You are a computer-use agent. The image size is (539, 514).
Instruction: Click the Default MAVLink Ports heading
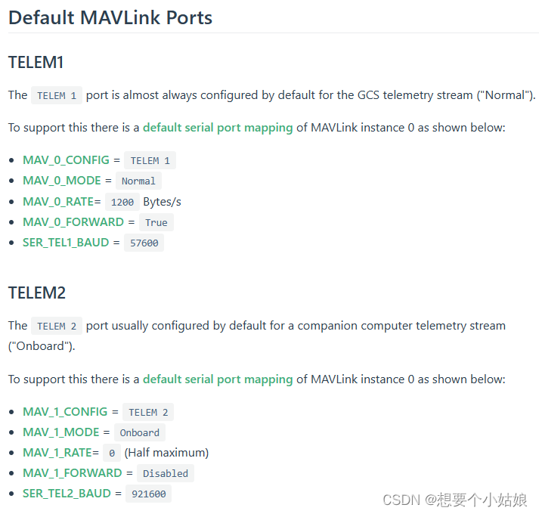[x=110, y=17]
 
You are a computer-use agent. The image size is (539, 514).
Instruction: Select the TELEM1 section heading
[x=36, y=62]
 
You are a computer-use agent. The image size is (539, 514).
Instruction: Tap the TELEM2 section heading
[x=36, y=293]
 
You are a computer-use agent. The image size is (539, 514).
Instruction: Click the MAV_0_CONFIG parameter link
[x=66, y=159]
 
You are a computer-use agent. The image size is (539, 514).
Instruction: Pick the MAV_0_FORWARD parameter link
[x=73, y=221]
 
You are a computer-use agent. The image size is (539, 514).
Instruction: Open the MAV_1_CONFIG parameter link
[x=66, y=411]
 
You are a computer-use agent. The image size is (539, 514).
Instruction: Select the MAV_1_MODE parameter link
[x=60, y=432]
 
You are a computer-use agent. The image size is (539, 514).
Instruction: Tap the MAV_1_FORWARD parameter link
[x=72, y=472]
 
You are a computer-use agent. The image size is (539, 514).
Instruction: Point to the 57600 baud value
[x=144, y=243]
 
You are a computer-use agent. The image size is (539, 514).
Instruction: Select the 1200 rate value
[x=122, y=202]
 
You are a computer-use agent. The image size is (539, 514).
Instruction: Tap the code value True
[x=156, y=222]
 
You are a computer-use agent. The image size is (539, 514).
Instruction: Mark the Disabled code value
[x=165, y=473]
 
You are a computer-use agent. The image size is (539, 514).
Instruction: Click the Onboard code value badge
[x=140, y=432]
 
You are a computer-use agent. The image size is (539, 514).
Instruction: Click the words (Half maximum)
[x=166, y=452]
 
